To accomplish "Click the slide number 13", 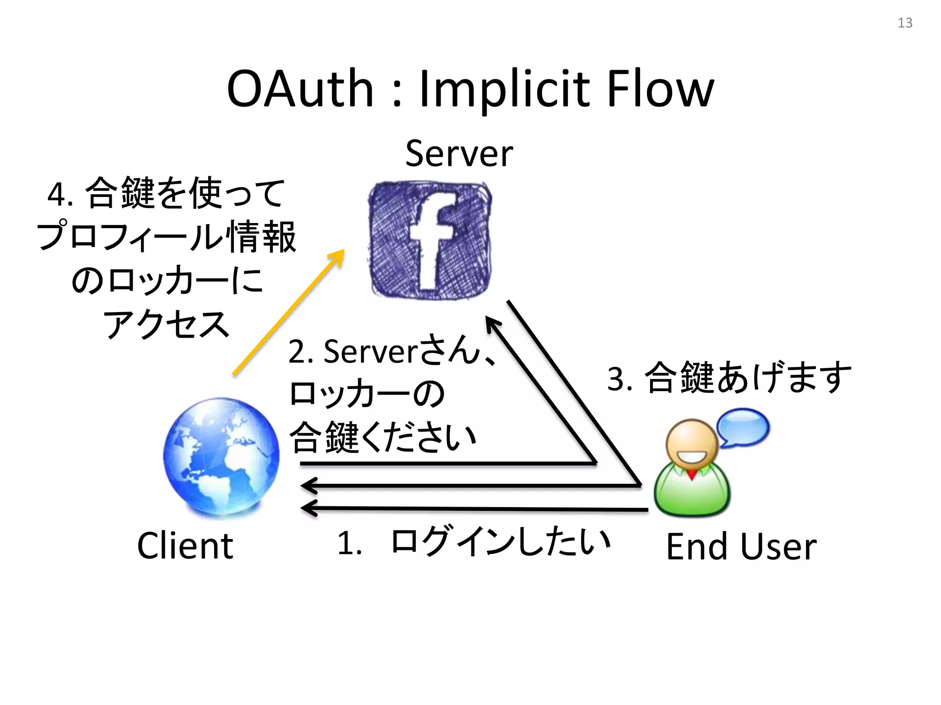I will click(x=905, y=23).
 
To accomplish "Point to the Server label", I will click(x=459, y=153).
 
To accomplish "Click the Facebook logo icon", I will click(x=430, y=240).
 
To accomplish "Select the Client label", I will click(x=185, y=546).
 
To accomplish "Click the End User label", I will click(x=741, y=547).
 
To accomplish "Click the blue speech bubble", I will click(x=743, y=427).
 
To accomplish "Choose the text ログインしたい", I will click(x=500, y=542).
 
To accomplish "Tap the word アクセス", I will click(x=166, y=324).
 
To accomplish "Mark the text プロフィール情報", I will click(x=166, y=237).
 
